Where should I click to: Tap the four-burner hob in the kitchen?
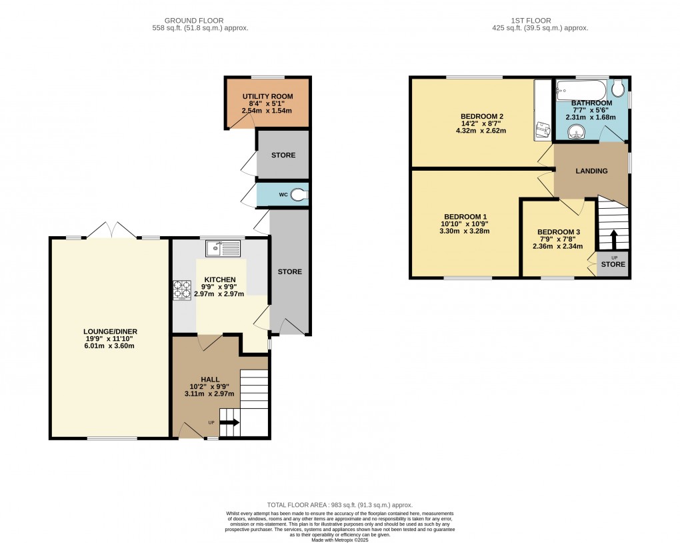182,290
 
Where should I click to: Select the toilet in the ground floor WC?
300,195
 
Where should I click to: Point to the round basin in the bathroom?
574,132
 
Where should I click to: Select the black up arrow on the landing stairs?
613,240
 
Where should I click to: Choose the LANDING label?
592,171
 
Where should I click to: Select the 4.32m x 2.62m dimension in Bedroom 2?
481,131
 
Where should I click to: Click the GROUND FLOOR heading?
196,21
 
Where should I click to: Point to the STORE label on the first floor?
613,265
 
